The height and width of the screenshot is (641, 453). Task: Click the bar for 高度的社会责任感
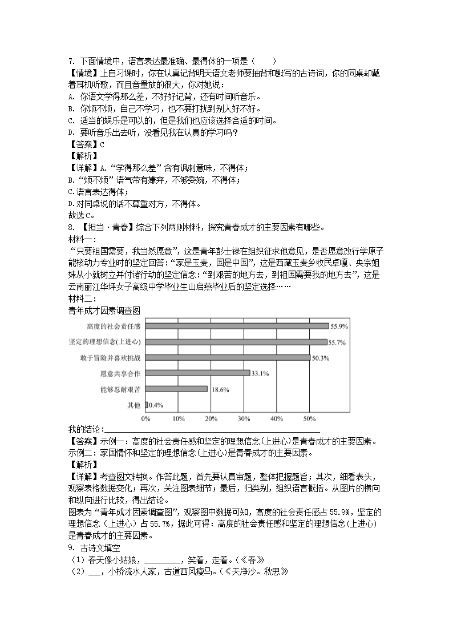(237, 326)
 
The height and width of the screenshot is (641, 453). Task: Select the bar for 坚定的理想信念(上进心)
(236, 342)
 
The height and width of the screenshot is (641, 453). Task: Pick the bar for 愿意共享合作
(197, 373)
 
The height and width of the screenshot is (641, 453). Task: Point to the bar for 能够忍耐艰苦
(176, 389)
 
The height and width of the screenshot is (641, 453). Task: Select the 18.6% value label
(220, 390)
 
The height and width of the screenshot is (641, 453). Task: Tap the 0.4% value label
(156, 405)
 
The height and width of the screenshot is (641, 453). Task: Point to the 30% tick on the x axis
(244, 419)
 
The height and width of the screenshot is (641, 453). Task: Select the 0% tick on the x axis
(146, 419)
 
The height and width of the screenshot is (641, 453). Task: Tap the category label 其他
(134, 405)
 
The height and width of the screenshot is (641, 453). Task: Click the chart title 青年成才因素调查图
(104, 310)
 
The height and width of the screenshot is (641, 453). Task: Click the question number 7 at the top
(70, 61)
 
